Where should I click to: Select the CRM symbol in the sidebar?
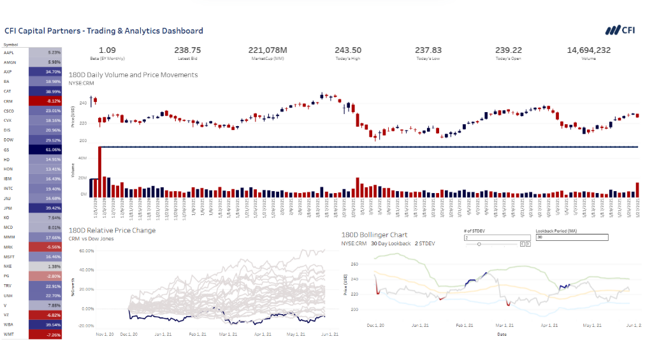point(9,101)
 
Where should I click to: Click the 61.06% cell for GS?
point(45,150)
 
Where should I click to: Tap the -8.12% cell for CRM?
point(45,101)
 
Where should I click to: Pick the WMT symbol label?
point(9,335)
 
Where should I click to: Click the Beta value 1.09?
point(108,50)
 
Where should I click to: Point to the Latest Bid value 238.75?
point(187,50)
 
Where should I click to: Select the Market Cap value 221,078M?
point(268,50)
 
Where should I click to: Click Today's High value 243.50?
point(348,50)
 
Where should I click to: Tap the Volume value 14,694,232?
point(588,50)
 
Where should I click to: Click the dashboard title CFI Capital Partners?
point(104,31)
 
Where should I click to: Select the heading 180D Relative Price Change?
point(112,230)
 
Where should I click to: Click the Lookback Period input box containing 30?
point(572,237)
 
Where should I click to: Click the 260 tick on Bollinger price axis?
point(355,264)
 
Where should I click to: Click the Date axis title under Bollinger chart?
point(502,333)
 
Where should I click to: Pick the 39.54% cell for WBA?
point(45,325)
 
